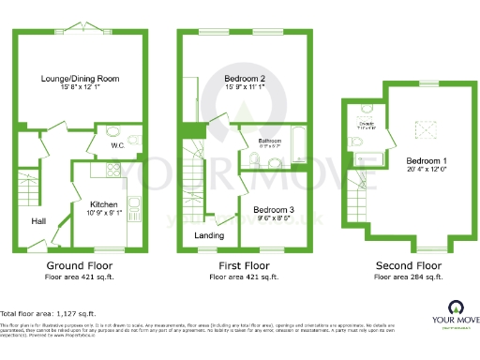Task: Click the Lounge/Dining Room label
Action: [80, 79]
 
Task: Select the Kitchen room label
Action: [103, 202]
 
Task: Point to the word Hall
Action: [38, 220]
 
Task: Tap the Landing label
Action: [208, 235]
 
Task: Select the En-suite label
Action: [367, 123]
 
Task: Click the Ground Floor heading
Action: [82, 265]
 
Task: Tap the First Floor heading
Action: [244, 265]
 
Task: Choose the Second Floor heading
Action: [408, 265]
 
